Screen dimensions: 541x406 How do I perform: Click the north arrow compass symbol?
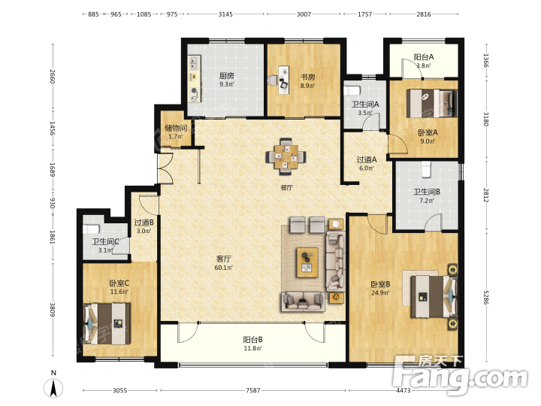click(x=53, y=388)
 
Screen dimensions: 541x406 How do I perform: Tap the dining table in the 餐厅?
click(x=286, y=156)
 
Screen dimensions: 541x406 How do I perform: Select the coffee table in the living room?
click(x=307, y=262)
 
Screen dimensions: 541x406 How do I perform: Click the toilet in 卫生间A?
click(x=352, y=90)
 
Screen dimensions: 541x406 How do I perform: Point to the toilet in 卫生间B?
click(x=427, y=169)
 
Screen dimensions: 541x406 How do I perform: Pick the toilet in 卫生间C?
click(x=92, y=229)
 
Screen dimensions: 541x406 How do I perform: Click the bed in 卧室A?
click(x=431, y=103)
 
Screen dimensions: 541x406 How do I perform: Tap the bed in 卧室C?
click(x=107, y=323)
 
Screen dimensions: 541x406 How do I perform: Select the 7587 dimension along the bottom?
click(x=253, y=390)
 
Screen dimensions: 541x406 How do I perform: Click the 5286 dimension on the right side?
click(x=486, y=298)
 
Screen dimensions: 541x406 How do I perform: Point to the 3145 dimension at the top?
click(x=225, y=14)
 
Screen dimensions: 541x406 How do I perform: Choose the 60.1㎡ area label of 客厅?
click(x=224, y=267)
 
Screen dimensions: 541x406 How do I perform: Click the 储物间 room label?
click(x=176, y=128)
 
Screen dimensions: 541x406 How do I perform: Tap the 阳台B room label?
click(x=253, y=340)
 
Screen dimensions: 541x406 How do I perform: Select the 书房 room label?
click(x=307, y=77)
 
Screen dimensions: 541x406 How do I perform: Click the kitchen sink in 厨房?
click(x=194, y=62)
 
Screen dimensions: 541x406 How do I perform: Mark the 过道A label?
click(x=367, y=159)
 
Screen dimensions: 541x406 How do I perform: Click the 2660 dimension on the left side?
click(x=53, y=77)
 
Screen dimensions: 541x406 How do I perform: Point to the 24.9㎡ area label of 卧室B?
click(x=380, y=293)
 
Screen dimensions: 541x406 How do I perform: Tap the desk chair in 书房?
click(x=273, y=80)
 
